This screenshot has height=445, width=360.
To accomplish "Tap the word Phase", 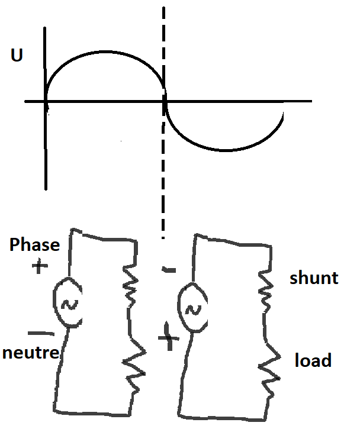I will click(x=34, y=245).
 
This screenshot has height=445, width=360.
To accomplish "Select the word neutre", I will click(x=31, y=353).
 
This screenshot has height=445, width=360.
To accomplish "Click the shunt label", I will click(x=314, y=278).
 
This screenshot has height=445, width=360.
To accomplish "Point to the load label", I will click(x=313, y=360).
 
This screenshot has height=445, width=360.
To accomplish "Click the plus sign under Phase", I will click(x=39, y=267).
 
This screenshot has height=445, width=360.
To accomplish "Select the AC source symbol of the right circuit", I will click(x=192, y=307).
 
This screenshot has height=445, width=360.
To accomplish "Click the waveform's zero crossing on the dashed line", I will click(x=164, y=101).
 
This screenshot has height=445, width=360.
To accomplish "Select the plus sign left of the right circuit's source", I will click(x=168, y=339).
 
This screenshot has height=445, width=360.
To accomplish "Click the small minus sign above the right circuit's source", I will click(x=169, y=270).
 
